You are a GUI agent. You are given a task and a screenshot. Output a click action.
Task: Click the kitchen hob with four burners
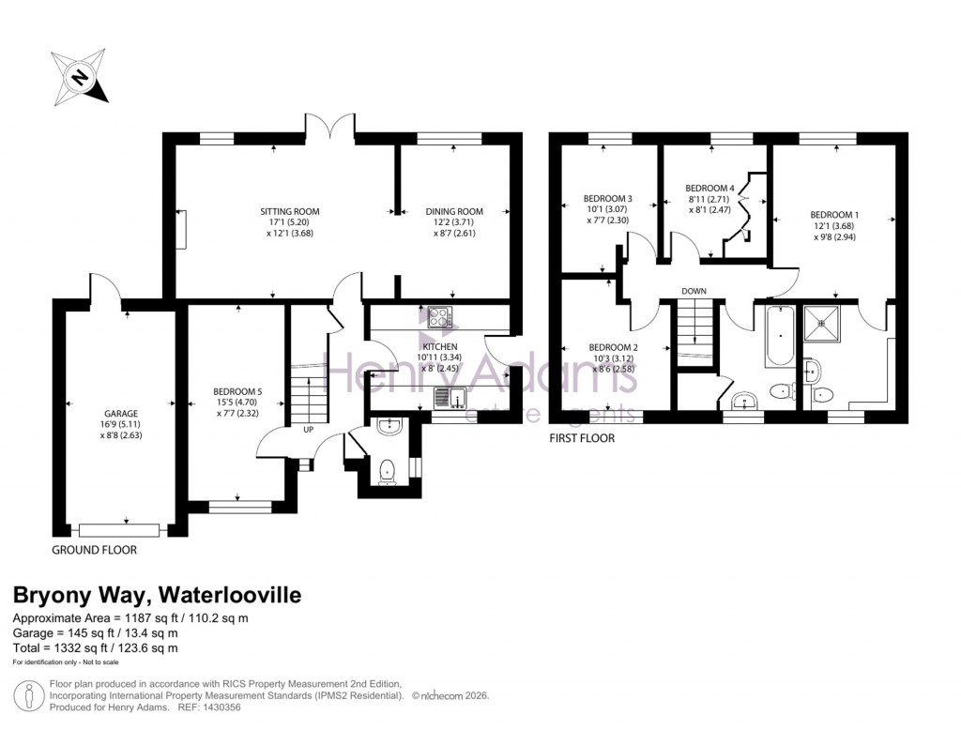(439, 318)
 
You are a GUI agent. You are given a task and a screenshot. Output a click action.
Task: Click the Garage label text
(121, 414)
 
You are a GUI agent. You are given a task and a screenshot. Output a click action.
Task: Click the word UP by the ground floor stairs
(307, 431)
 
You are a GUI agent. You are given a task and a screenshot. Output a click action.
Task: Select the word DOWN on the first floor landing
(694, 291)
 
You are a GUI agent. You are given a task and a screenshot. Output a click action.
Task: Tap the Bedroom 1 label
(831, 215)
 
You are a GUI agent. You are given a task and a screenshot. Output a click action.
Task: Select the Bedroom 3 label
(607, 199)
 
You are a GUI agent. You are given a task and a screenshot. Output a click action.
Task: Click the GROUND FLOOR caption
(94, 550)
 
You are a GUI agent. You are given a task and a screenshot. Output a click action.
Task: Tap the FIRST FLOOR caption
(583, 437)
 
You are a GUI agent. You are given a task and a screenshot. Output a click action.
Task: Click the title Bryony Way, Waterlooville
(156, 595)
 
